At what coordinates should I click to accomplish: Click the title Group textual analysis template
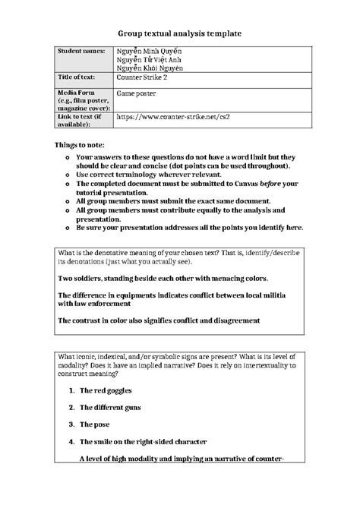[180, 34]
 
